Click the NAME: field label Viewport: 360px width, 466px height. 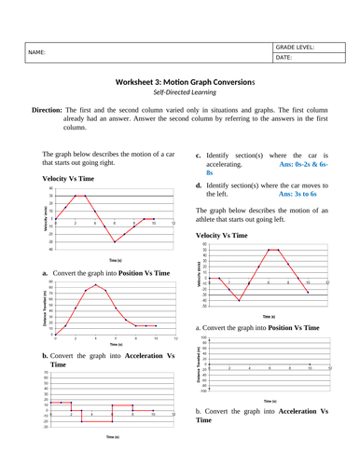[x=36, y=52]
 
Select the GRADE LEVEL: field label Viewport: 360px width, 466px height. [x=296, y=46]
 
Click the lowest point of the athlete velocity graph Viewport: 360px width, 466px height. [x=239, y=301]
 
